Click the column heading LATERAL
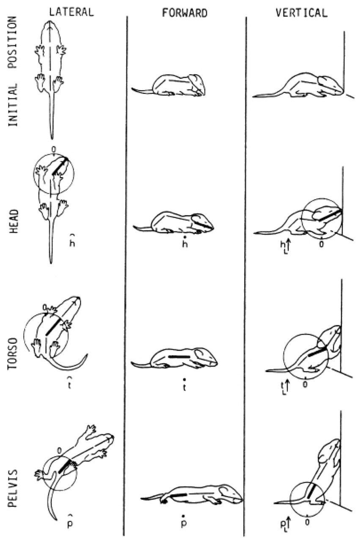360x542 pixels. (71, 12)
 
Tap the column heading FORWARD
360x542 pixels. (185, 13)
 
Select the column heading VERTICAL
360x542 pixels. (302, 13)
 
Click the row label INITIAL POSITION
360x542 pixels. (13, 71)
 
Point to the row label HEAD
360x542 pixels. (14, 221)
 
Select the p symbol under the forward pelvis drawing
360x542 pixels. (184, 522)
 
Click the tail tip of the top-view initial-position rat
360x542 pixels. (52, 139)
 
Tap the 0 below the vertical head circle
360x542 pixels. (321, 244)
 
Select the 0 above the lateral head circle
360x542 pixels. (54, 149)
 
